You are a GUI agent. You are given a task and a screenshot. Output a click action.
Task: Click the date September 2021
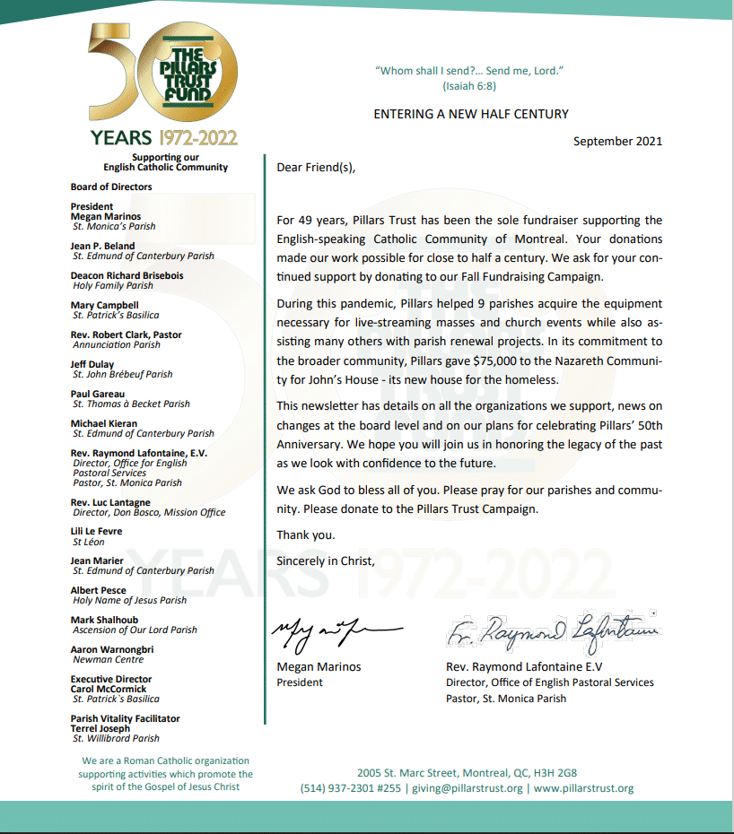coord(617,141)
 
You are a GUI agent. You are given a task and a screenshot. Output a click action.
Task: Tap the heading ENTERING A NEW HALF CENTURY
coord(471,114)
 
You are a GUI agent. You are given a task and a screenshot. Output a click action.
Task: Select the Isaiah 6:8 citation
coord(469,86)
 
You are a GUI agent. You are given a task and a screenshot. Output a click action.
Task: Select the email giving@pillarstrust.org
coord(467,789)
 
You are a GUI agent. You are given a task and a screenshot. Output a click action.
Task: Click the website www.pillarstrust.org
coord(584,789)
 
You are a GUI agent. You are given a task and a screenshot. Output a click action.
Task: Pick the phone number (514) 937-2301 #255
coord(351,789)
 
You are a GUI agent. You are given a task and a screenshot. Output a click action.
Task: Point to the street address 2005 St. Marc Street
coord(408,773)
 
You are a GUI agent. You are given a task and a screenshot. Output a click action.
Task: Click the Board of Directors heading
coord(111,187)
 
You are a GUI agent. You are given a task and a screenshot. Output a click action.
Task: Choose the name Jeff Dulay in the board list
coord(93,364)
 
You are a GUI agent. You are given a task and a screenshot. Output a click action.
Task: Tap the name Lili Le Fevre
coord(96,532)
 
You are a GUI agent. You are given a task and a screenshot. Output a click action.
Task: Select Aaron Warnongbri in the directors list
coord(112,649)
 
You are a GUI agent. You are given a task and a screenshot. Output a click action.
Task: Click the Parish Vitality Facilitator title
coord(125,718)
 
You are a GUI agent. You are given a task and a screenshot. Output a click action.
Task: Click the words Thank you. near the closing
coord(306,535)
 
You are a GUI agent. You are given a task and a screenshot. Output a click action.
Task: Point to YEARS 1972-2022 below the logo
coord(163,137)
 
